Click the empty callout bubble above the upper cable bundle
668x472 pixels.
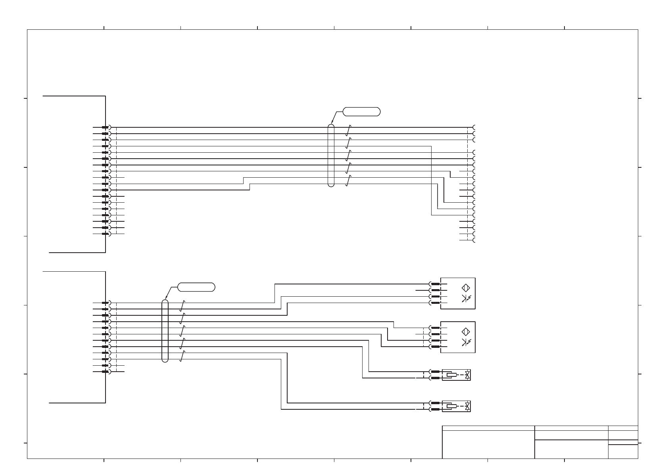pos(361,111)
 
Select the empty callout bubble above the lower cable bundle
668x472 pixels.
pos(196,287)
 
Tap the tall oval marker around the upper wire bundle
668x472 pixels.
pos(331,155)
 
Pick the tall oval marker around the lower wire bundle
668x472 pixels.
pos(165,331)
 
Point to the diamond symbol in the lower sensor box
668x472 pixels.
pos(466,332)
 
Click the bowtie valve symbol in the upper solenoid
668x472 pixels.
pos(467,375)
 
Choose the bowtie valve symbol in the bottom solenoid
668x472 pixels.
pos(467,406)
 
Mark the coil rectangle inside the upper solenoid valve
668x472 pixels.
pos(451,375)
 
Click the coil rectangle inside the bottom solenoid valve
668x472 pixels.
pos(451,406)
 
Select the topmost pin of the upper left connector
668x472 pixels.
pos(105,127)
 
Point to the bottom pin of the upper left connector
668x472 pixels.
pos(105,234)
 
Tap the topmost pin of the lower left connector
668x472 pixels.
pos(105,303)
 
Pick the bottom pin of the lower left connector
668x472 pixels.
pos(105,372)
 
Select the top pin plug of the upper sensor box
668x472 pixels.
pos(436,284)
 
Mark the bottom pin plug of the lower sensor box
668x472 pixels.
pos(436,347)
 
